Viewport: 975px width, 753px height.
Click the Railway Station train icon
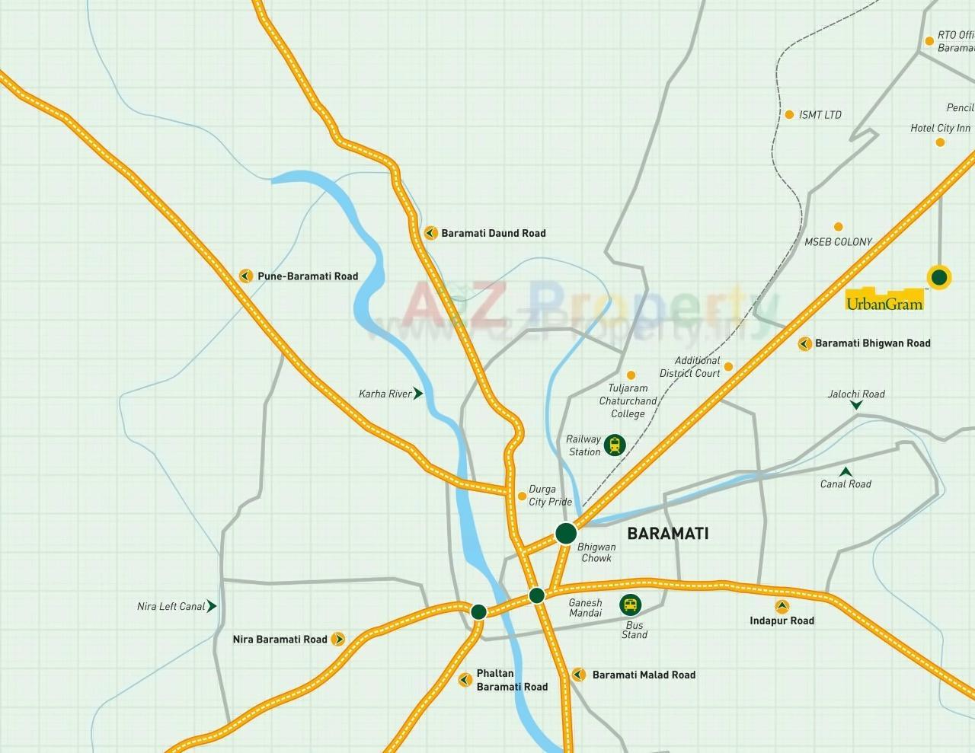pos(614,445)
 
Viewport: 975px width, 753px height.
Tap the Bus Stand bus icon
pos(630,605)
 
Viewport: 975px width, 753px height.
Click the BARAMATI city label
pos(667,534)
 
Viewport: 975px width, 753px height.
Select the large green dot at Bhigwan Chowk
pos(566,533)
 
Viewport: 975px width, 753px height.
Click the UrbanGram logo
pos(884,300)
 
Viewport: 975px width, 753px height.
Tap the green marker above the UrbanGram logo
pos(939,277)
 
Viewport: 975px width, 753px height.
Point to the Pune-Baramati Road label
pos(307,276)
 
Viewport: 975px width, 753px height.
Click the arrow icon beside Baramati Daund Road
pos(430,233)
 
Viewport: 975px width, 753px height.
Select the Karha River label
pos(385,394)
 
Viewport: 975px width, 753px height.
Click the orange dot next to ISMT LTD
pos(789,115)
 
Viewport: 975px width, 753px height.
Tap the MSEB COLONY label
pos(838,242)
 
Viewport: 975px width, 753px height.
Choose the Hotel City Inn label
pos(940,129)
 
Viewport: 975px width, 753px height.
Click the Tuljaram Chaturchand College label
pos(628,401)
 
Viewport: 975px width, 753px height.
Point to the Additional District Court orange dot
pos(728,367)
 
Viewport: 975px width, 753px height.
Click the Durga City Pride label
pos(550,496)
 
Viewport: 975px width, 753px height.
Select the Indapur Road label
pos(782,621)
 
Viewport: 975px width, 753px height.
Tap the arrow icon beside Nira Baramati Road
pos(338,640)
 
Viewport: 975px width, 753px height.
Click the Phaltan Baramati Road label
pos(512,681)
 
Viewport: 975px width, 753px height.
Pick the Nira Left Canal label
pos(171,607)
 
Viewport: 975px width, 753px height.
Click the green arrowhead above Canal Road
pos(846,471)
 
